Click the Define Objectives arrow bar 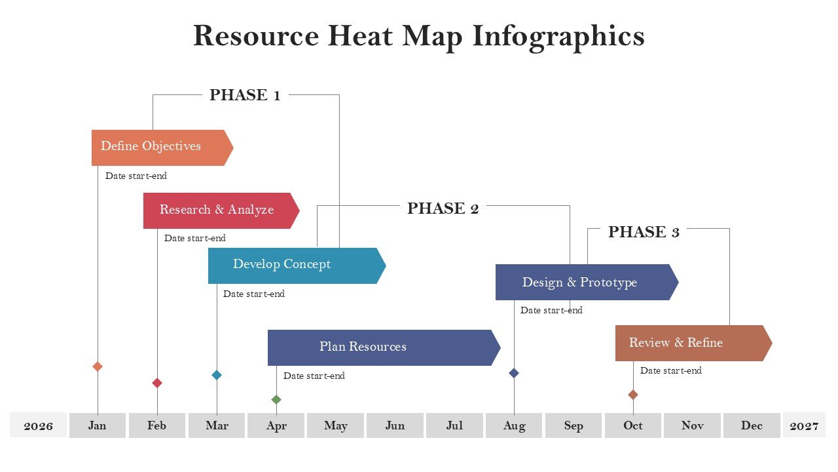[162, 147]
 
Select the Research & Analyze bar [221, 210]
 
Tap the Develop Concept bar [297, 265]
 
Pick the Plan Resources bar [384, 347]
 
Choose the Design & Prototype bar [587, 282]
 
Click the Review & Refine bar [693, 343]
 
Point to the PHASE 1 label [245, 95]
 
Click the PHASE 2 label [443, 208]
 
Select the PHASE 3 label [644, 232]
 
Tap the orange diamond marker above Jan [98, 366]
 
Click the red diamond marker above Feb [157, 383]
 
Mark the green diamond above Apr [276, 399]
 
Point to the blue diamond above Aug [514, 373]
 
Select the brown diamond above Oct [633, 395]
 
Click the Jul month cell [454, 425]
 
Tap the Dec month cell [752, 425]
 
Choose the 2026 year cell [38, 425]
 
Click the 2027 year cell [805, 425]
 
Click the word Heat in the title [360, 36]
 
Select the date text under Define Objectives [136, 176]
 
